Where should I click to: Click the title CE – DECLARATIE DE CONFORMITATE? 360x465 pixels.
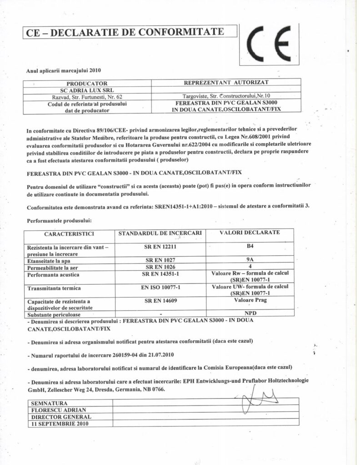coord(125,32)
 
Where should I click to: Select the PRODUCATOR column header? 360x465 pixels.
coord(87,84)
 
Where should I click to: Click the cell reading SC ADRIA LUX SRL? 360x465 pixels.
coord(87,90)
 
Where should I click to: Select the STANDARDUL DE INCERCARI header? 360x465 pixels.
coord(160,233)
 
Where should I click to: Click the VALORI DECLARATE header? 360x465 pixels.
coord(250,232)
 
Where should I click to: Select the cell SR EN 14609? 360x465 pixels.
coord(160,301)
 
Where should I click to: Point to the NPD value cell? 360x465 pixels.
coord(250,313)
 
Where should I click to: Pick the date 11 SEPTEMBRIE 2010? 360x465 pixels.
coord(59,423)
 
